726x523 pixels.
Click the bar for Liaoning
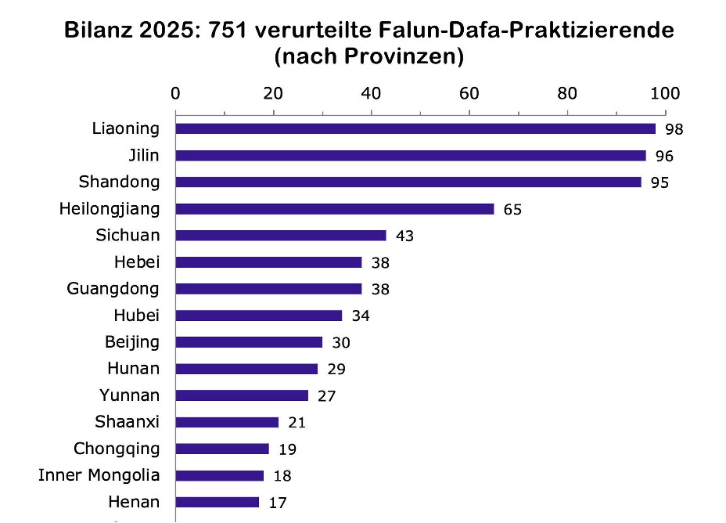pos(415,128)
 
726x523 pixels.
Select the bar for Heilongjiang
pos(335,209)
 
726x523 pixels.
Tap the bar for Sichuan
pos(281,236)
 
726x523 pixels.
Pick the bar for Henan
pos(217,502)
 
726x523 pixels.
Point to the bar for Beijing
pos(249,342)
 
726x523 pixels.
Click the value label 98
pos(674,129)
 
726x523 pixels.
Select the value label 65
pos(512,210)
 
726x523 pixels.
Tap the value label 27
pos(326,396)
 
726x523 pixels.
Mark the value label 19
pos(287,449)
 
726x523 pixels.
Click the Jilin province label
pos(143,155)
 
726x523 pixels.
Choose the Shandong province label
pos(119,182)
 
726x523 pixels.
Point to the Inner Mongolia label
pos(99,474)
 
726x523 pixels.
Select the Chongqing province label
pos(117,448)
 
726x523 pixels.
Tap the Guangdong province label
pos(113,288)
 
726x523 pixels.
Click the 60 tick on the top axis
pos(469,93)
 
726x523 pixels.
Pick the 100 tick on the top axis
pos(665,93)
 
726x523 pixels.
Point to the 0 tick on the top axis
pos(175,93)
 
